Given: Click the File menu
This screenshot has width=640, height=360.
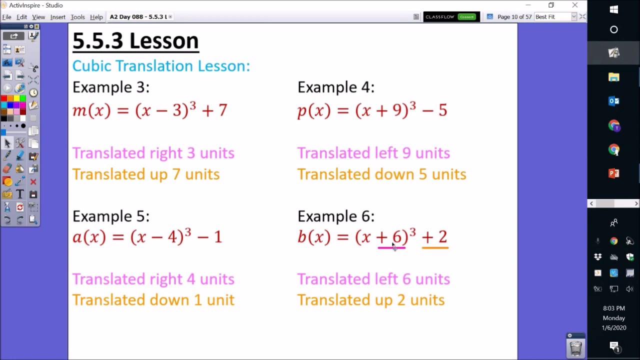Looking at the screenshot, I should coord(6,17).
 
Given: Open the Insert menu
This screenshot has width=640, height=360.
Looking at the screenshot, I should coord(57,17).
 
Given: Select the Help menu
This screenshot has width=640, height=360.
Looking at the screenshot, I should coord(96,17).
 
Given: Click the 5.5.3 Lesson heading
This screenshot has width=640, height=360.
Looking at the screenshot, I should coord(135,41).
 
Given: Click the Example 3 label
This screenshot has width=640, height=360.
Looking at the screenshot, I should coord(110,87).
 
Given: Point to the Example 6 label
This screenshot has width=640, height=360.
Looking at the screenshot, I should coord(335,216).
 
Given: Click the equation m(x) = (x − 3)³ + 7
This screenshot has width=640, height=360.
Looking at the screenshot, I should coord(150,110).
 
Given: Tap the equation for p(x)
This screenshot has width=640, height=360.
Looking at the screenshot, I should coord(372,110).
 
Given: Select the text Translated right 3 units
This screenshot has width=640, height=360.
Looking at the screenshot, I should coord(153,153).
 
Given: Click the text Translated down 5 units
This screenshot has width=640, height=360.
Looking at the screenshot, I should coord(381,174).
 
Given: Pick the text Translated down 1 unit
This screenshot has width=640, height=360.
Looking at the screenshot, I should coord(153,300).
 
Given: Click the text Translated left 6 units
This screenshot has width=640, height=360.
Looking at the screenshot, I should coord(373,279).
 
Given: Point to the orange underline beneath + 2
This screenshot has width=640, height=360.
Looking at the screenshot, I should coord(435,247).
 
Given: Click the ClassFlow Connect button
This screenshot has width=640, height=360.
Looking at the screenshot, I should coord(451,17).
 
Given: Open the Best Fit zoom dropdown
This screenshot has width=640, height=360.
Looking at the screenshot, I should coord(573,17).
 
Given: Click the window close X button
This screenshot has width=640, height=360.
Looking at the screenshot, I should coord(575,5).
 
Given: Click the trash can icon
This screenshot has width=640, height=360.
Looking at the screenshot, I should coord(575,347).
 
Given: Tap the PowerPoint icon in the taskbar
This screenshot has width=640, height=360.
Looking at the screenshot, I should coord(613,173).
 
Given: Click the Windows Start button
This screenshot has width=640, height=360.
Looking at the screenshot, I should coord(613,9).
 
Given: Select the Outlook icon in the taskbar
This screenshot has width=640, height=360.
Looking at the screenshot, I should coord(613,101).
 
